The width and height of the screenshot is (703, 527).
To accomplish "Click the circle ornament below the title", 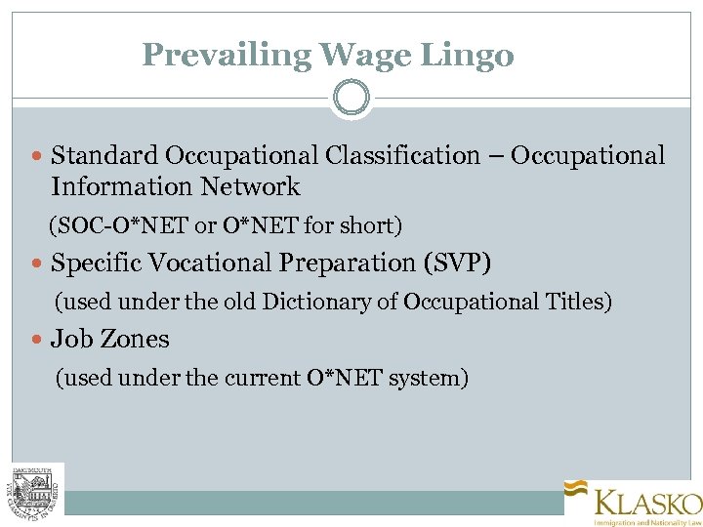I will point(351,98).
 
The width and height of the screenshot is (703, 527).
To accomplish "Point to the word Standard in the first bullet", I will point(104,156).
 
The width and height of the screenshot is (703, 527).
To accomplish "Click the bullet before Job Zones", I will point(38,341).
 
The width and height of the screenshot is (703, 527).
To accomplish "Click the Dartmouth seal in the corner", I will point(37,488).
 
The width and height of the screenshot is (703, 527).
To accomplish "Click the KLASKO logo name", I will point(648,504).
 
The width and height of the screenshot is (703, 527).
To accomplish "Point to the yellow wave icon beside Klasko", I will point(576,491).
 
